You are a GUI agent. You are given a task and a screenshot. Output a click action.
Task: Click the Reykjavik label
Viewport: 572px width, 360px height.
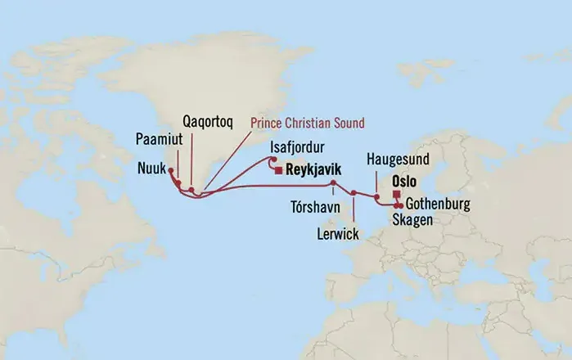[313, 171]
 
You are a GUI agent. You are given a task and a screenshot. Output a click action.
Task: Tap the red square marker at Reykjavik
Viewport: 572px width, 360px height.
[279, 171]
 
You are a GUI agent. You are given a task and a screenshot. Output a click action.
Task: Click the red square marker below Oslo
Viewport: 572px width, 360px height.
[397, 194]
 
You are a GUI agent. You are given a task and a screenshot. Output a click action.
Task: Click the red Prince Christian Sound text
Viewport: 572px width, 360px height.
[307, 123]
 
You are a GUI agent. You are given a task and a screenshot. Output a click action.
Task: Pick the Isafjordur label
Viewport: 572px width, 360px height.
[299, 147]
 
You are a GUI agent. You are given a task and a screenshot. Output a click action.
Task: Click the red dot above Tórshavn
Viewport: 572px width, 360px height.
[333, 182]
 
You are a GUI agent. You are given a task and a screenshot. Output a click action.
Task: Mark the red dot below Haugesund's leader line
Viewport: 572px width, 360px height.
[376, 196]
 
